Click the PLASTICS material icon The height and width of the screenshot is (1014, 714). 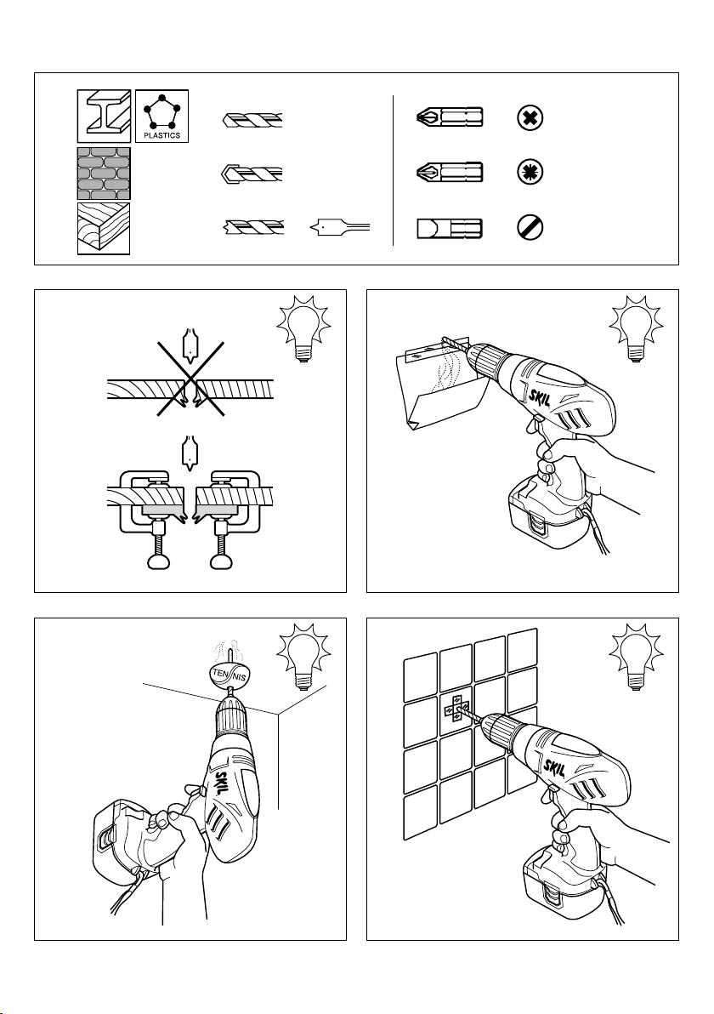click(x=161, y=116)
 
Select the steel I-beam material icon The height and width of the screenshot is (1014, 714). click(x=104, y=116)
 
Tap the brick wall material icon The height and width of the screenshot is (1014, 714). click(x=104, y=174)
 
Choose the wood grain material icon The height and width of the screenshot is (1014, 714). click(x=104, y=228)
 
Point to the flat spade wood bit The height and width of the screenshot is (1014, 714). click(x=340, y=227)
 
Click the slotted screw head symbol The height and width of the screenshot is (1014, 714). click(x=530, y=228)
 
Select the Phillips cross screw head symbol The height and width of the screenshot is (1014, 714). click(x=530, y=118)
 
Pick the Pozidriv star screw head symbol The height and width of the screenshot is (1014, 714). click(x=530, y=173)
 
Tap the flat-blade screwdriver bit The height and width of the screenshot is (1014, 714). click(x=450, y=228)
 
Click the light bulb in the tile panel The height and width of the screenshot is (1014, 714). click(x=636, y=656)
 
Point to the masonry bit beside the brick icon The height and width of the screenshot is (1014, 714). click(x=252, y=174)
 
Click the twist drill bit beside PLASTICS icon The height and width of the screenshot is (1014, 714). click(x=252, y=120)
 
